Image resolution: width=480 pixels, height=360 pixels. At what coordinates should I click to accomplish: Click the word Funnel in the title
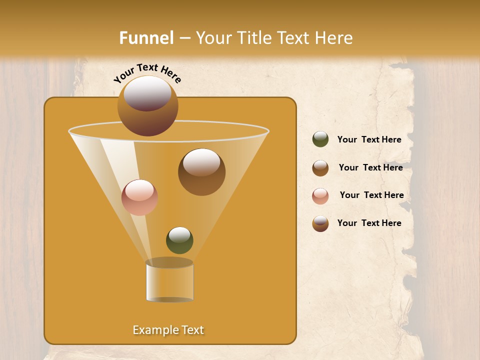[x=146, y=38]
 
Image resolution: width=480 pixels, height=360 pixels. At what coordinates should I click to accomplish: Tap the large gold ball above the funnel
[x=147, y=105]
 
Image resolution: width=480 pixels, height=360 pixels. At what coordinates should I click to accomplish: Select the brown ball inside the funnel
[x=201, y=172]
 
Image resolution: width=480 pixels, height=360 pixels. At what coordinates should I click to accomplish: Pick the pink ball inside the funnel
[x=139, y=197]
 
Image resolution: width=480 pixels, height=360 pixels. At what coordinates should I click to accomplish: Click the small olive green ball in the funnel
[x=179, y=240]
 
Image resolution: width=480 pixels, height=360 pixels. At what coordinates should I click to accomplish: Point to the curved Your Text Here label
[x=147, y=73]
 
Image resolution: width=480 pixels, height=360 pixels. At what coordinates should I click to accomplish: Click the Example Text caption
[x=168, y=330]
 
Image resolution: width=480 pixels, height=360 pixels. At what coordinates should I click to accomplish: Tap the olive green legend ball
[x=320, y=139]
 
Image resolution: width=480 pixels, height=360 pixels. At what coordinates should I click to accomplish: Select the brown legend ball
[x=320, y=168]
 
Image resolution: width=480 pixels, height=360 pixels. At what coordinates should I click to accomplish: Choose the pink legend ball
[x=320, y=196]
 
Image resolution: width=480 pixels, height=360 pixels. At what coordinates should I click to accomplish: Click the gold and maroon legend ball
[x=320, y=223]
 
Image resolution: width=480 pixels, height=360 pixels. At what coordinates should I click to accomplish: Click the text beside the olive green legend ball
[x=369, y=139]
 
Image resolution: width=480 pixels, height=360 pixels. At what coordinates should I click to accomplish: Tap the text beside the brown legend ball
[x=370, y=167]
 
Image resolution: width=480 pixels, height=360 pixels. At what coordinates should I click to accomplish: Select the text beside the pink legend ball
[x=371, y=195]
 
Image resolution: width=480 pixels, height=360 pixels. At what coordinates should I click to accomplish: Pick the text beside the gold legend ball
[x=369, y=223]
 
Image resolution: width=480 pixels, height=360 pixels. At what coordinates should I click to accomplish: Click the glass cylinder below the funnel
[x=169, y=281]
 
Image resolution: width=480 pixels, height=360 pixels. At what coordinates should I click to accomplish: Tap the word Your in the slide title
[x=211, y=38]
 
